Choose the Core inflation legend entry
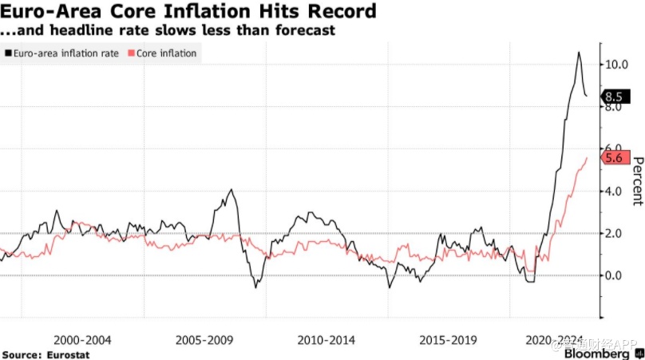pyautogui.click(x=166, y=53)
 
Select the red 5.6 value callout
pyautogui.click(x=615, y=158)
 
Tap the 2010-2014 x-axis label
pyautogui.click(x=325, y=339)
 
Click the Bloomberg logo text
pyautogui.click(x=596, y=353)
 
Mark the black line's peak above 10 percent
pyautogui.click(x=578, y=53)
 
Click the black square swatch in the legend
pyautogui.click(x=7, y=53)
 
